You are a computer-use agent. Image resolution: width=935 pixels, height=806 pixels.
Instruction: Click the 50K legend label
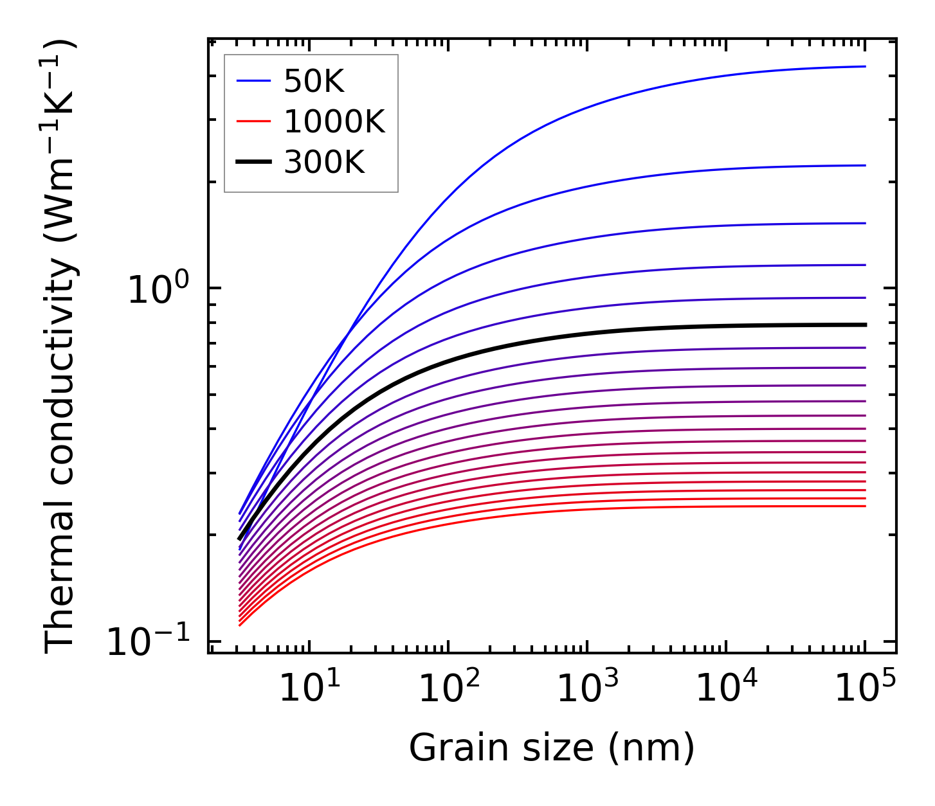pyautogui.click(x=314, y=81)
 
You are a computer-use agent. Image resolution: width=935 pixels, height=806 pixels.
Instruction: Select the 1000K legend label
pyautogui.click(x=334, y=121)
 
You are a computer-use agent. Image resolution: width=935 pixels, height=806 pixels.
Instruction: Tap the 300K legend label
pyautogui.click(x=324, y=162)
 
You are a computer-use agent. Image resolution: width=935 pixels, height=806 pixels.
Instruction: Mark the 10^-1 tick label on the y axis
pyautogui.click(x=149, y=641)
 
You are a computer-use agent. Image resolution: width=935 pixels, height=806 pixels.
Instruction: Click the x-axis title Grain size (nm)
pyautogui.click(x=552, y=748)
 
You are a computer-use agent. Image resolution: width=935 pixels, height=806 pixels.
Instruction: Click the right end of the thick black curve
pyautogui.click(x=866, y=325)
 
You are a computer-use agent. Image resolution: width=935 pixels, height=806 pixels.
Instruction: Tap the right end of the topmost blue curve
pyautogui.click(x=866, y=66)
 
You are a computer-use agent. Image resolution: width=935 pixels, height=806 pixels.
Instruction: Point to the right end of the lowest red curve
pyautogui.click(x=866, y=506)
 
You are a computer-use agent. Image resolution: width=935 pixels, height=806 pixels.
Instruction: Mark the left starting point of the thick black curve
pyautogui.click(x=239, y=539)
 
